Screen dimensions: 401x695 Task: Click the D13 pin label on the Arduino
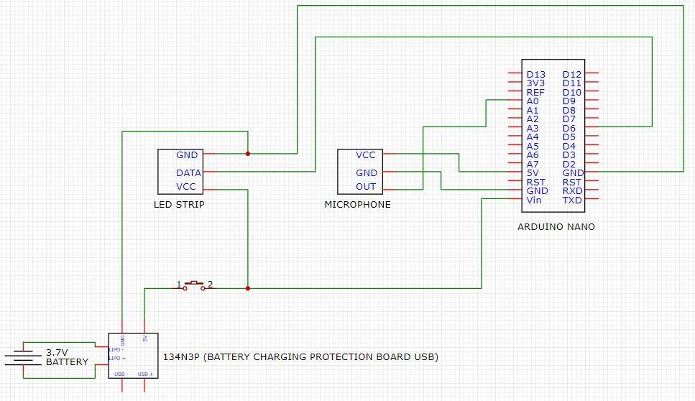(535, 74)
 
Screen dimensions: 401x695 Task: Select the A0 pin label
(533, 101)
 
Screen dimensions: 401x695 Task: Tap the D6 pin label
(569, 128)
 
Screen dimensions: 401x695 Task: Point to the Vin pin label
(534, 200)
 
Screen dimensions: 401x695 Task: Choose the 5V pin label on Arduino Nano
(533, 172)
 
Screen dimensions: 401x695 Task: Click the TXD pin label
(572, 200)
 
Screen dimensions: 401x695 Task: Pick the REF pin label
(535, 92)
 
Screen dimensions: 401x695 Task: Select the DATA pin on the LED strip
(188, 172)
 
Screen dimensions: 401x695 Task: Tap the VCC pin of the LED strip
(186, 187)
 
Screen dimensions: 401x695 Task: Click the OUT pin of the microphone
(366, 187)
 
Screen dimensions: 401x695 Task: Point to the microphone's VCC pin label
(365, 155)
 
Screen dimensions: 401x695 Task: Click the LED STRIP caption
(179, 204)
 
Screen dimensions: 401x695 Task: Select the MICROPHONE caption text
(358, 204)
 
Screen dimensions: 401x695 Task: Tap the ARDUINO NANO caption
(556, 226)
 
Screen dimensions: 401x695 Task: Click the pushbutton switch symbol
(193, 285)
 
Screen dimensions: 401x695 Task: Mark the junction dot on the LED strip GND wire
(247, 153)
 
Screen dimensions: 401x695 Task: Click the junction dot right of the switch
(247, 288)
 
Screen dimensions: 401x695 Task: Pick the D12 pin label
(572, 74)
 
